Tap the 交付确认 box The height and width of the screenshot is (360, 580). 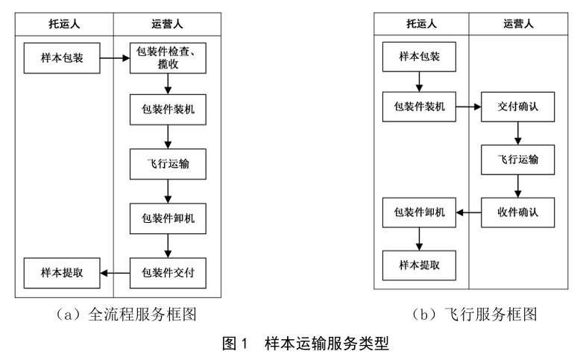tap(517, 107)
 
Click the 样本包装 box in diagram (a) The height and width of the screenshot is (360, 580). tap(61, 58)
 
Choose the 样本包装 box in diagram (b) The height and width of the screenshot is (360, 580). tap(419, 57)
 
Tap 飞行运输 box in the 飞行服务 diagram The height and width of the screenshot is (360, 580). tap(517, 160)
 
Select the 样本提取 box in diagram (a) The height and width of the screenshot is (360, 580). tap(61, 274)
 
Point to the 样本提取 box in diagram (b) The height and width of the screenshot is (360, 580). tap(419, 263)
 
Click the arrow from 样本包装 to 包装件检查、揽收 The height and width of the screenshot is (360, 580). tap(113, 58)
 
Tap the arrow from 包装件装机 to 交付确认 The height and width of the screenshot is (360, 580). tap(468, 107)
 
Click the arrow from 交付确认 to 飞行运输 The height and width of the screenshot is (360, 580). tap(517, 133)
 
